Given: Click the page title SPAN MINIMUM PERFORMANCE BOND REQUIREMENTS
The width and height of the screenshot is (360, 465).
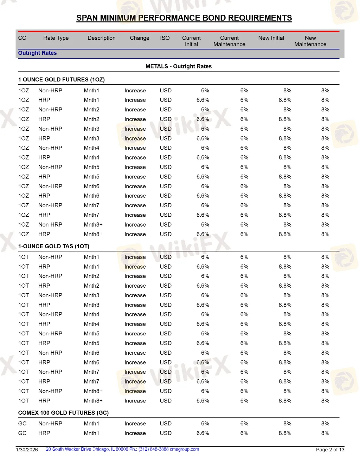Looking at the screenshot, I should click(184, 18).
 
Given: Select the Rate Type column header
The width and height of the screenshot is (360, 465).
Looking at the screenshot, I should click(56, 38).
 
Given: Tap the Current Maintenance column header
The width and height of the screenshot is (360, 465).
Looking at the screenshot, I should click(229, 41).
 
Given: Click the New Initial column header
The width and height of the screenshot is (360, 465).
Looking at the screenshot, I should click(271, 38).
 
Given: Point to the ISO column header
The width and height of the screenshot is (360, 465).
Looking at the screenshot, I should click(165, 38).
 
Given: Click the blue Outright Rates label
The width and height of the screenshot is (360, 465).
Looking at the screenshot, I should click(37, 53).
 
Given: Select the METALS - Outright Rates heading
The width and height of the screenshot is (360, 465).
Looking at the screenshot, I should click(179, 66).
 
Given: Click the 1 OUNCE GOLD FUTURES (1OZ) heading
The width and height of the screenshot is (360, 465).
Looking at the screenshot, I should click(62, 80).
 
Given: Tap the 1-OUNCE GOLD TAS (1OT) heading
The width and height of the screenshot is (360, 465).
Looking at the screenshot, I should click(54, 246).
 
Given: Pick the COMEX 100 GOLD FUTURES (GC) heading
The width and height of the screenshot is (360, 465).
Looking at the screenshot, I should click(63, 413).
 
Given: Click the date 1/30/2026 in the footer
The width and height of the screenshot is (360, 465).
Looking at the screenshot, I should click(27, 450).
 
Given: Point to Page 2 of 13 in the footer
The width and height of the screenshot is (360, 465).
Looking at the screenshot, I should click(330, 450).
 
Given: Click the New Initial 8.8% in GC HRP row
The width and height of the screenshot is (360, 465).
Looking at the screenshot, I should click(285, 433).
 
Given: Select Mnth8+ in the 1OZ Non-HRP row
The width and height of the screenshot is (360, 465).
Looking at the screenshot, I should click(93, 224).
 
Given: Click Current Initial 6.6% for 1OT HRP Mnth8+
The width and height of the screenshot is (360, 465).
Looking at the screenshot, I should click(203, 401).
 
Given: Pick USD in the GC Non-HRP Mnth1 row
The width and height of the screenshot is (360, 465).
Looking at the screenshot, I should click(166, 424).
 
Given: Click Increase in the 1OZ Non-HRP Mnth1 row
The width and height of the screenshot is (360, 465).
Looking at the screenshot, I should click(135, 91).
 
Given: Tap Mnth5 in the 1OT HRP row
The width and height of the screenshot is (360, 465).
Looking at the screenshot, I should click(91, 343).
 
